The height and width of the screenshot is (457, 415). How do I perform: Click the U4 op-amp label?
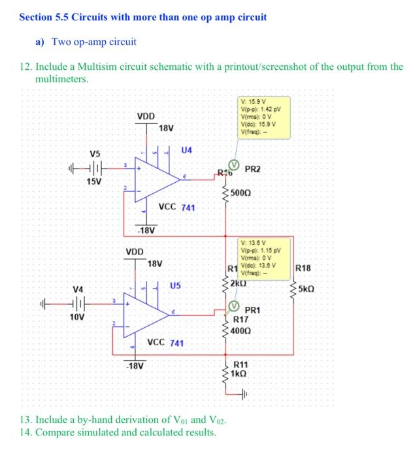(187, 151)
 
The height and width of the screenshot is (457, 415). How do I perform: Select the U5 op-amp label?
(175, 285)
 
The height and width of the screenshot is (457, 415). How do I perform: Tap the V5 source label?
(95, 154)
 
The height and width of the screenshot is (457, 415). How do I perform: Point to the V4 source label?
(78, 289)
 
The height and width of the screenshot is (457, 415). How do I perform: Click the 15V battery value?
(95, 181)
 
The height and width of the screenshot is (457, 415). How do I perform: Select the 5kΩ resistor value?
(307, 289)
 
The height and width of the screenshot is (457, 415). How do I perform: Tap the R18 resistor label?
(304, 268)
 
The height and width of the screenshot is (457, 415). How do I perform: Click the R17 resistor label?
(241, 320)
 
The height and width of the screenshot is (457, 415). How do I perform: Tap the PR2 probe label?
(253, 170)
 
